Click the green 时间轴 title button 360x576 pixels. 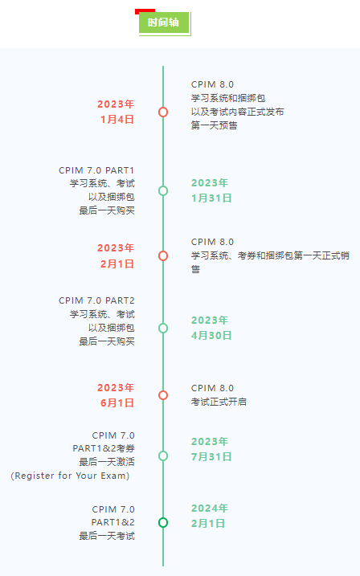pos(164,22)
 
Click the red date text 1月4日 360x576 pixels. pos(117,120)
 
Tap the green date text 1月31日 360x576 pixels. pos(211,198)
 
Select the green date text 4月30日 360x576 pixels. pos(211,335)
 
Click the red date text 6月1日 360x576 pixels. pos(117,403)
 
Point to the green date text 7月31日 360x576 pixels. pos(211,456)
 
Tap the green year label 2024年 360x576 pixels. pos(210,508)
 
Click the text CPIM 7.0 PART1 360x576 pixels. pos(96,170)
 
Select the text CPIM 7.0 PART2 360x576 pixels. pos(96,300)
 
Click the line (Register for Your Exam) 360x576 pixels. pos(70,476)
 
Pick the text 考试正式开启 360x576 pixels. pos(219,402)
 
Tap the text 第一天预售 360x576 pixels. pos(215,125)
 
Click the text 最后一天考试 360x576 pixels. pos(107,536)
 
